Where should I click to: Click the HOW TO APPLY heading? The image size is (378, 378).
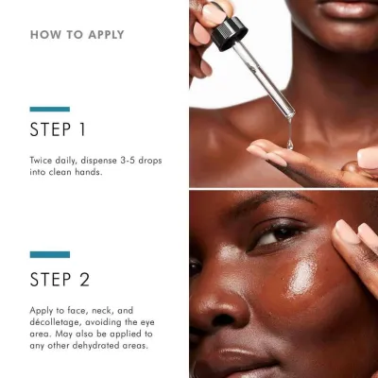(x=77, y=35)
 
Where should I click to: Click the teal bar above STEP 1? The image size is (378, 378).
(x=49, y=109)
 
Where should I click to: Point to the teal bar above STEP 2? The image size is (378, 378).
(x=49, y=254)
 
